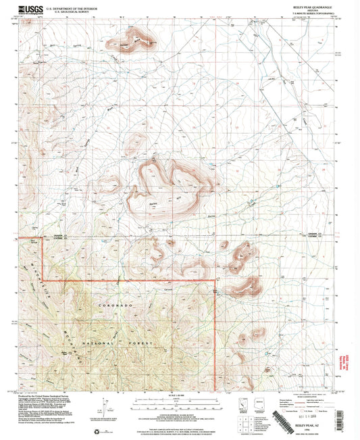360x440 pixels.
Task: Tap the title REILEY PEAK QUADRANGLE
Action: pyautogui.click(x=307, y=6)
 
